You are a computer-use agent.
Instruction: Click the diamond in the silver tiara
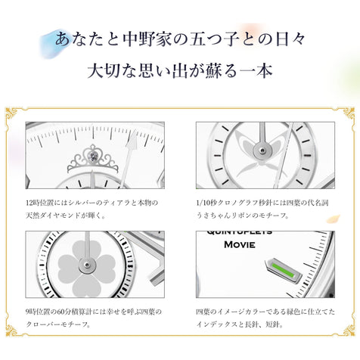pyautogui.click(x=94, y=157)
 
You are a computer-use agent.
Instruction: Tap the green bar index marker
pyautogui.click(x=283, y=271)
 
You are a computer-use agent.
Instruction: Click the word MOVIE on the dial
pyautogui.click(x=240, y=245)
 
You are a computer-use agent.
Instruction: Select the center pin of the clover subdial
pyautogui.click(x=87, y=265)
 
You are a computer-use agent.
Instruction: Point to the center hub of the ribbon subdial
pyautogui.click(x=262, y=151)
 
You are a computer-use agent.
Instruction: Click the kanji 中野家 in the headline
pyautogui.click(x=147, y=39)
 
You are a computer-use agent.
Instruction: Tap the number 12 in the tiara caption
pyautogui.click(x=29, y=203)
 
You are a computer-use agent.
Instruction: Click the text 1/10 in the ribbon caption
pyautogui.click(x=203, y=203)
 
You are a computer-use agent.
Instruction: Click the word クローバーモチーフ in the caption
pyautogui.click(x=56, y=324)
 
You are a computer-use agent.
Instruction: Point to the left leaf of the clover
pyautogui.click(x=68, y=265)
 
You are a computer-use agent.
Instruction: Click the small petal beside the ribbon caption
pyautogui.click(x=333, y=219)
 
